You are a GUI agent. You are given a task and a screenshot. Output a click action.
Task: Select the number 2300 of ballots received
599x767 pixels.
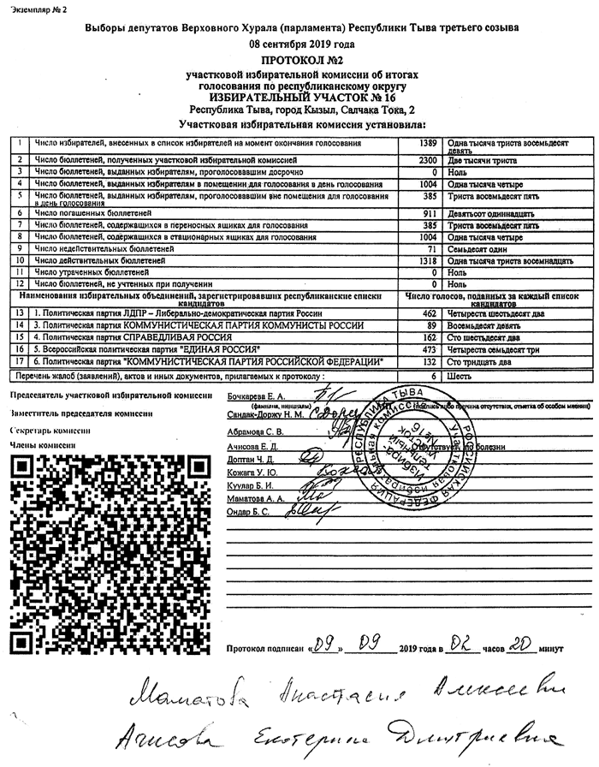click(428, 160)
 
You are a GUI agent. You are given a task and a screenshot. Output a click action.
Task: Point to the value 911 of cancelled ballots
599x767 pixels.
click(430, 212)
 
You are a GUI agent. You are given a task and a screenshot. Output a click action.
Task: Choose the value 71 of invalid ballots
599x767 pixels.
click(432, 247)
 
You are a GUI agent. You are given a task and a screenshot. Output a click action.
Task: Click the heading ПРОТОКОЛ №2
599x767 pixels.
click(300, 61)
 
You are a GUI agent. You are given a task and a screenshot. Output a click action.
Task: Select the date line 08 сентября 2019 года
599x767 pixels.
click(300, 44)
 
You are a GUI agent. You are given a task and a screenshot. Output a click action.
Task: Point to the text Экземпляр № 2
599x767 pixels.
click(39, 8)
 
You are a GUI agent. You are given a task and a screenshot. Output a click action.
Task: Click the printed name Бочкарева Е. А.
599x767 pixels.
click(255, 396)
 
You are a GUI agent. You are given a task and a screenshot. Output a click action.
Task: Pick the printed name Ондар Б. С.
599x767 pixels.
click(248, 512)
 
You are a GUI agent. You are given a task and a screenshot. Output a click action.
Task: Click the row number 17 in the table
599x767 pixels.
click(18, 362)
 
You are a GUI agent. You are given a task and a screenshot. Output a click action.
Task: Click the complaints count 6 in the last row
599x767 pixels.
click(434, 376)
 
